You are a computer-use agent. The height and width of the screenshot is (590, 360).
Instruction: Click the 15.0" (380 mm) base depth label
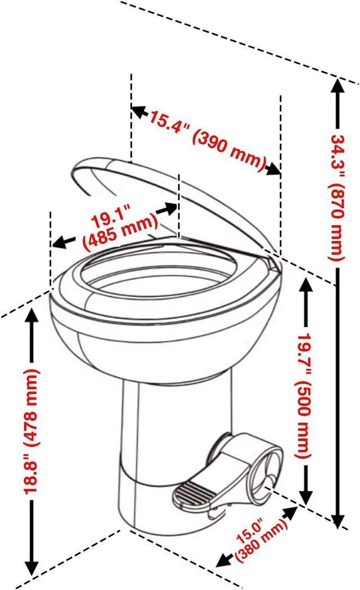click(x=257, y=542)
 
